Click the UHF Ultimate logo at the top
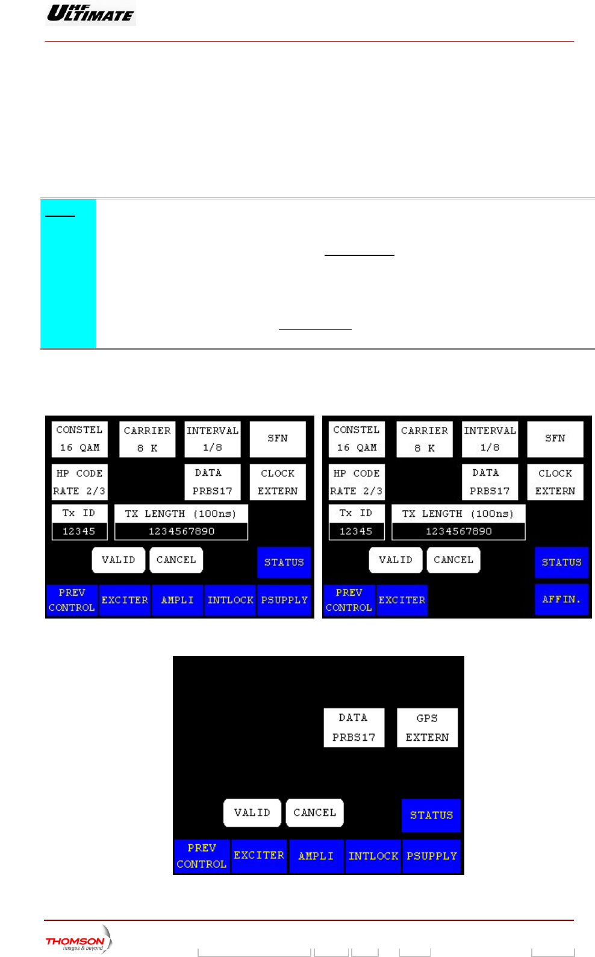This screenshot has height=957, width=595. (x=90, y=13)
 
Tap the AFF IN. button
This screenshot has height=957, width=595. (x=561, y=599)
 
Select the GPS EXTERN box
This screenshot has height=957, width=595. (x=427, y=728)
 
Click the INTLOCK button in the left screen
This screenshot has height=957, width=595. (x=230, y=600)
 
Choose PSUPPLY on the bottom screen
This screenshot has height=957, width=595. (x=431, y=856)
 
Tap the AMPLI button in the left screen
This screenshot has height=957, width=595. (x=178, y=600)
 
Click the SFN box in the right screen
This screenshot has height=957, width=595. (x=555, y=438)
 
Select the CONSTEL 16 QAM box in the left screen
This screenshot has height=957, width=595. (x=79, y=438)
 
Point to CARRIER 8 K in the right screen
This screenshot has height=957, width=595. (x=424, y=439)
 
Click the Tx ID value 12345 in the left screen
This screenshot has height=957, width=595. (x=79, y=531)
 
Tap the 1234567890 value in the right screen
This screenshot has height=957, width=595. (x=458, y=531)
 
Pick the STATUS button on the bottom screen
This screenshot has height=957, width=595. (x=431, y=815)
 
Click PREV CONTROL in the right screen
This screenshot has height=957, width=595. (x=349, y=600)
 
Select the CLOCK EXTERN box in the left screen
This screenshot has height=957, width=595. (x=278, y=482)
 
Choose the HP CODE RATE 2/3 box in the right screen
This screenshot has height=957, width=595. (x=357, y=482)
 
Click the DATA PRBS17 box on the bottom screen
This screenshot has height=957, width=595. (x=354, y=728)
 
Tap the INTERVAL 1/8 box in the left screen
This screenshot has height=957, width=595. (x=213, y=439)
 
